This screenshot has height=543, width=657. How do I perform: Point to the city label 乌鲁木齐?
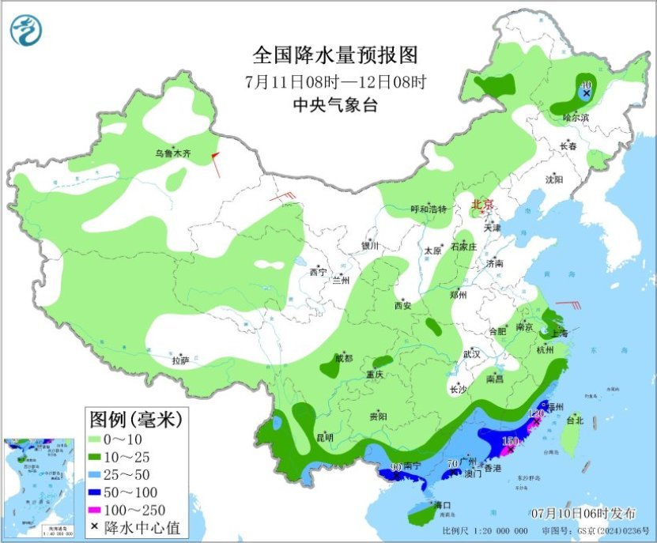click(173, 153)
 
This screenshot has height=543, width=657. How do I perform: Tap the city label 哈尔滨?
click(576, 117)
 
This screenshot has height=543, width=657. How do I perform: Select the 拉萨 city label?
click(181, 360)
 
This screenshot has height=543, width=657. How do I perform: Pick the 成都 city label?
click(344, 358)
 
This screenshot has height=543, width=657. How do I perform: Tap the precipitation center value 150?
click(510, 440)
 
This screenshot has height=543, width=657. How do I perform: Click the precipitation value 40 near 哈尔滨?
click(586, 85)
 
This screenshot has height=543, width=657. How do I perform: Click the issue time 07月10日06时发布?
click(585, 514)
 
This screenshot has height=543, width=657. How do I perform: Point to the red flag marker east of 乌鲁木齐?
click(213, 160)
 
